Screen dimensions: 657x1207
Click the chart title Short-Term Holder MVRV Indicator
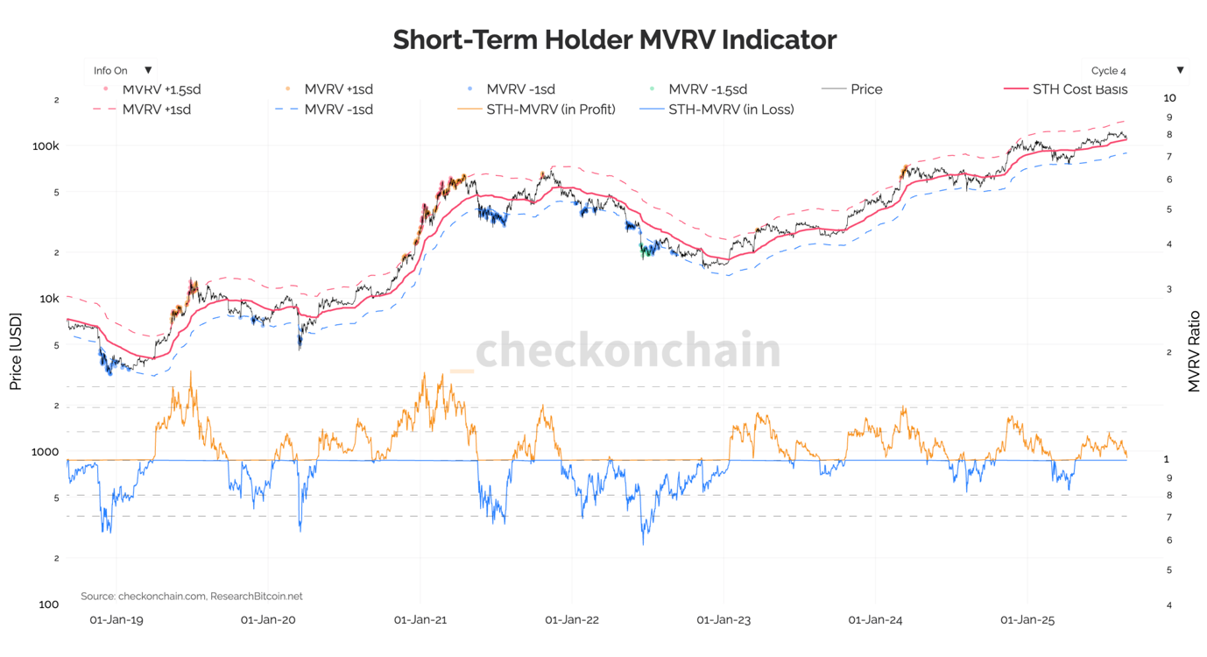click(614, 40)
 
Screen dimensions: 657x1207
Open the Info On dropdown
click(123, 70)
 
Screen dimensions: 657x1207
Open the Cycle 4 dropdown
click(1135, 70)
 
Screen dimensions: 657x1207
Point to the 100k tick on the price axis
click(46, 145)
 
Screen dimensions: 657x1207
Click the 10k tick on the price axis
click(47, 299)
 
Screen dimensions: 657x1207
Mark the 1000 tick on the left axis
click(45, 452)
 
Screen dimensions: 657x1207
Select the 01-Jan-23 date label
click(723, 620)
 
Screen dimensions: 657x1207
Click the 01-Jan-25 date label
click(1027, 620)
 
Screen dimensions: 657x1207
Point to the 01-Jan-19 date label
click(116, 620)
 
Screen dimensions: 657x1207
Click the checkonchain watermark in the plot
click(627, 350)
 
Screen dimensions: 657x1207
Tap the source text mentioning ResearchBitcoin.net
click(191, 596)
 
